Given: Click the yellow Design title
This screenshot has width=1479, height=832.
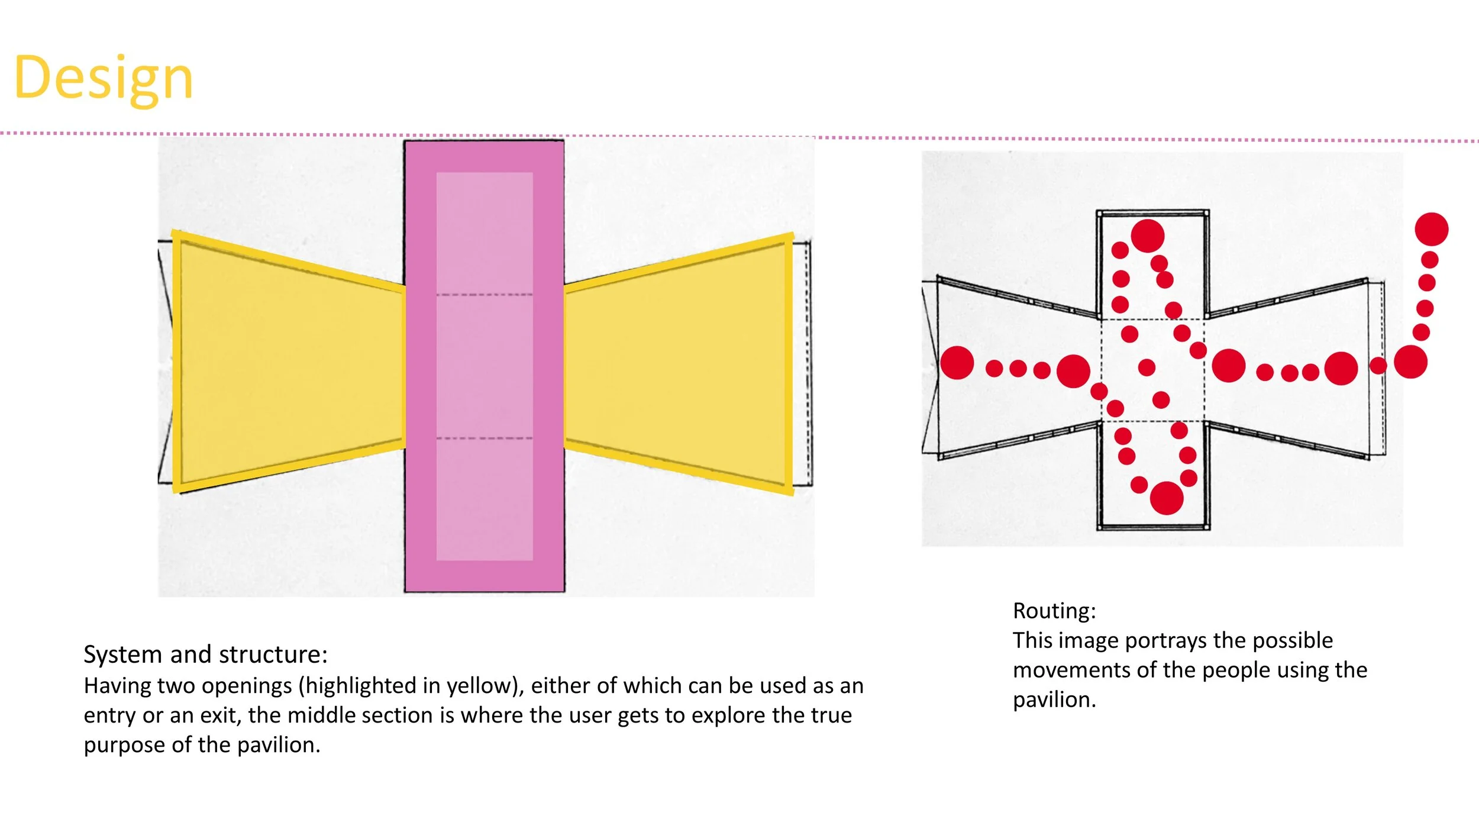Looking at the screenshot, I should pyautogui.click(x=104, y=78).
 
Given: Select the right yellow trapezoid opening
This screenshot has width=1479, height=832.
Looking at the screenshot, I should pyautogui.click(x=677, y=364).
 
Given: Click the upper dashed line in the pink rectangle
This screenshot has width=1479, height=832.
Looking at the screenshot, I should pyautogui.click(x=484, y=294).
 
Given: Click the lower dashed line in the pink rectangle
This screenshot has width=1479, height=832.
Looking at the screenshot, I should pyautogui.click(x=484, y=438).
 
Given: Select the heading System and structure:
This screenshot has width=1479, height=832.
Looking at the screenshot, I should pyautogui.click(x=205, y=654).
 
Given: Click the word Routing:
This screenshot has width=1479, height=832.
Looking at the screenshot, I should pyautogui.click(x=1054, y=611).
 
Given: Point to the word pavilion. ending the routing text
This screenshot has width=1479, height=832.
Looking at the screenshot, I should pyautogui.click(x=1054, y=700).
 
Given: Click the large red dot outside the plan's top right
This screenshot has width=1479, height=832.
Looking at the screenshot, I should pyautogui.click(x=1431, y=229).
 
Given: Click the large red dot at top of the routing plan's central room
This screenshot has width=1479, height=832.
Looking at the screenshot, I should pyautogui.click(x=1147, y=236).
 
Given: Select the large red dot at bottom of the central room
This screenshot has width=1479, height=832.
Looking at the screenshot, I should pyautogui.click(x=1166, y=498).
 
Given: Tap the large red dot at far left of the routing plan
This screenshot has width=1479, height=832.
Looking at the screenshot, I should pyautogui.click(x=957, y=363).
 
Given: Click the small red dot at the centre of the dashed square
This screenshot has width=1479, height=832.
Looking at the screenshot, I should pyautogui.click(x=1147, y=367).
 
